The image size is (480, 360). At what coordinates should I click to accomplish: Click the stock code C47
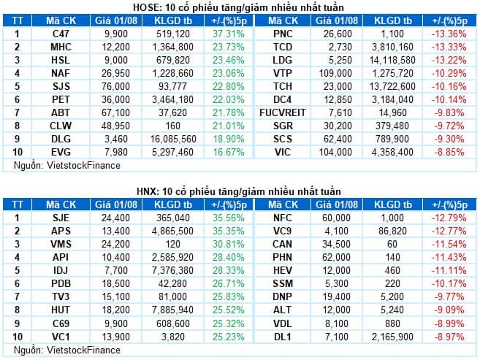(x=61, y=34)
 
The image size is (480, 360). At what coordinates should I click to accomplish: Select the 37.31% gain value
(x=229, y=34)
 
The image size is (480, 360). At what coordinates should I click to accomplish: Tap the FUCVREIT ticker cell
(x=282, y=112)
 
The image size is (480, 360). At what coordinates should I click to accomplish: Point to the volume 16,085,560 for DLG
(x=173, y=139)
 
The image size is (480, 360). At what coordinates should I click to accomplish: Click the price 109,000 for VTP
(x=335, y=73)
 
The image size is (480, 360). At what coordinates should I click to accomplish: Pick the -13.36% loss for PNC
(x=449, y=34)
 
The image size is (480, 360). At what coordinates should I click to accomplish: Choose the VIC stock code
(x=283, y=152)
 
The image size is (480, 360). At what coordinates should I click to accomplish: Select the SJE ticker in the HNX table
(x=61, y=218)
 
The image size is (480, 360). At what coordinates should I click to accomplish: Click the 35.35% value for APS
(x=229, y=231)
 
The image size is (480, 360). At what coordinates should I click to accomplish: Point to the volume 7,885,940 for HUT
(x=172, y=310)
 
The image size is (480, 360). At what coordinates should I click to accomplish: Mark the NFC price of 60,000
(x=336, y=218)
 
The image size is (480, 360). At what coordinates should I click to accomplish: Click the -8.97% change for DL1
(x=449, y=337)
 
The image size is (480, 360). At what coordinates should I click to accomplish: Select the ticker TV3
(x=61, y=296)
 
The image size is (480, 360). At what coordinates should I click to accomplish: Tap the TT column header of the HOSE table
(x=17, y=20)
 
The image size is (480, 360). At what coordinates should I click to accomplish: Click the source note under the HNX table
(x=67, y=350)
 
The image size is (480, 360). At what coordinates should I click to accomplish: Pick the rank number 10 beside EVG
(x=17, y=152)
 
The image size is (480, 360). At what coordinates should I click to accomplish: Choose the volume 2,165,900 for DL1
(x=392, y=337)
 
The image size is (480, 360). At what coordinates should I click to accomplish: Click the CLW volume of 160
(x=172, y=126)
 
